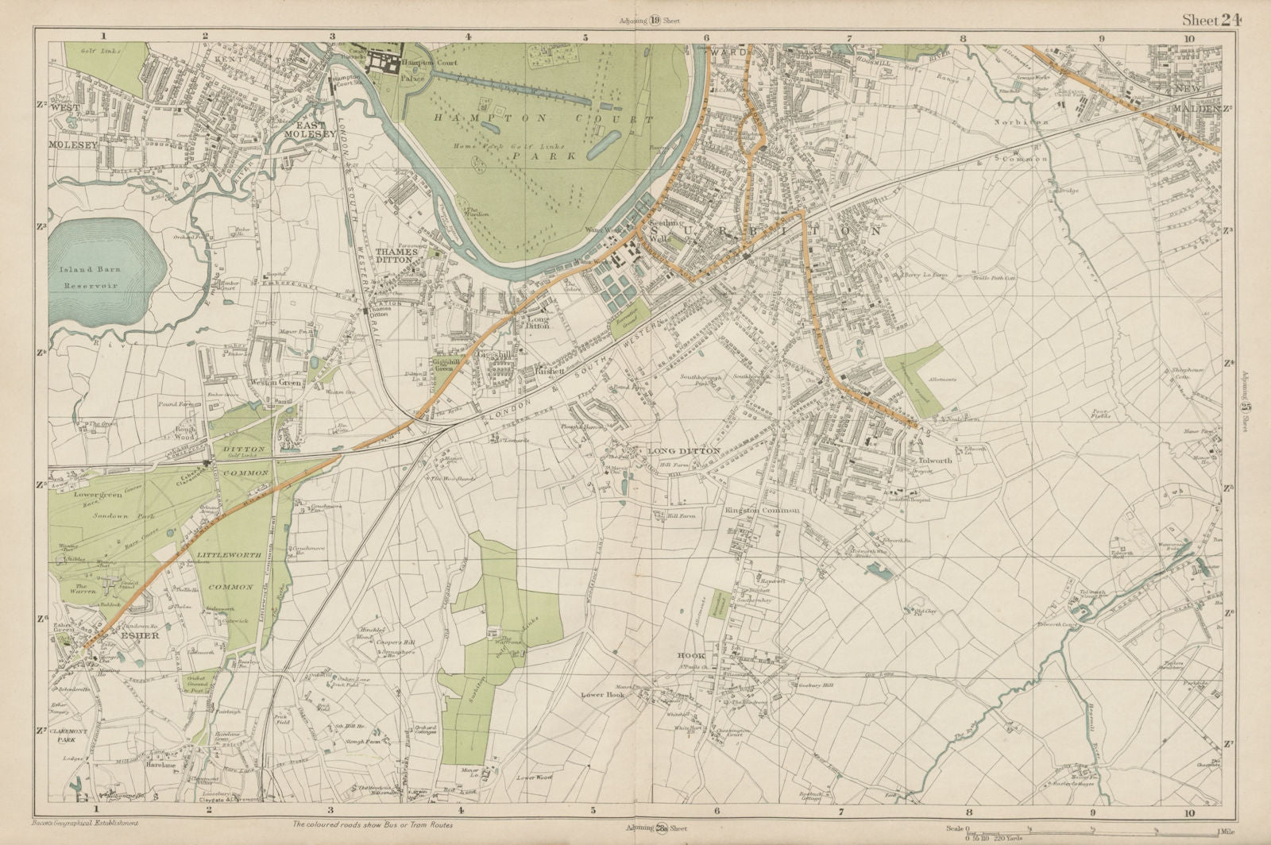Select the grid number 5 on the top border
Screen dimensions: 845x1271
pos(585,37)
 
